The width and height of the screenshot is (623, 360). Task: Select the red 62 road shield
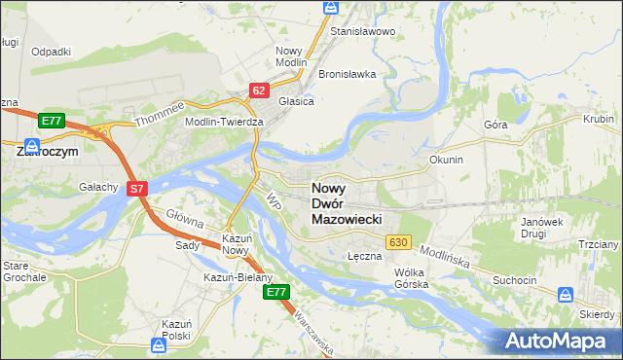[x=258, y=90]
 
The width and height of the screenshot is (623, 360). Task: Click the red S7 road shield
[x=138, y=191]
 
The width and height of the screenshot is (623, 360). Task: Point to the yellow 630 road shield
[x=397, y=241]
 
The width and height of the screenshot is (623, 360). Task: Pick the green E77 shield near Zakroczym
[x=53, y=121]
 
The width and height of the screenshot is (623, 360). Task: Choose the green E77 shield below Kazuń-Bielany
[x=276, y=291]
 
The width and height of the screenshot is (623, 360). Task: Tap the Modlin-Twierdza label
[x=225, y=122]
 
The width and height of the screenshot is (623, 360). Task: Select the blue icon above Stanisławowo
[x=329, y=8]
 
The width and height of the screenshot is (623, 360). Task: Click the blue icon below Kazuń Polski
[x=158, y=344]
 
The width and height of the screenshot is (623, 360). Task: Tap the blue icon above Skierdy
[x=567, y=294]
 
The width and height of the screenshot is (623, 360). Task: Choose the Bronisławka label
[x=348, y=74]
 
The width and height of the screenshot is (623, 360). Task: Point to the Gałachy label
[x=99, y=187]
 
